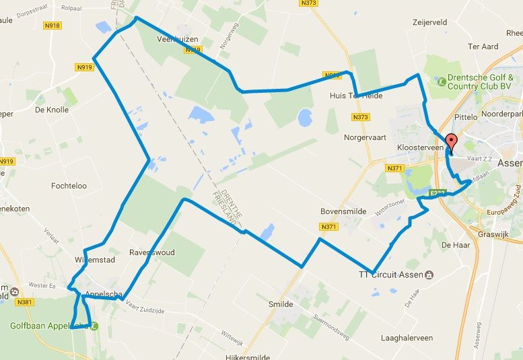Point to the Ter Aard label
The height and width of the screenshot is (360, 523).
(x=483, y=46)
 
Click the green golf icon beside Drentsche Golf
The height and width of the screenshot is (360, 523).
(x=441, y=81)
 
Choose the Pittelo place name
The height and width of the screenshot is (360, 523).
(x=466, y=117)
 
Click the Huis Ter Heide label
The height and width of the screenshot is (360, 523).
(x=356, y=96)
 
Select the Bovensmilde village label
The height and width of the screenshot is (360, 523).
(x=343, y=211)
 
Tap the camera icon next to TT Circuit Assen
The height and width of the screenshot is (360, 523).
(x=429, y=275)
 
